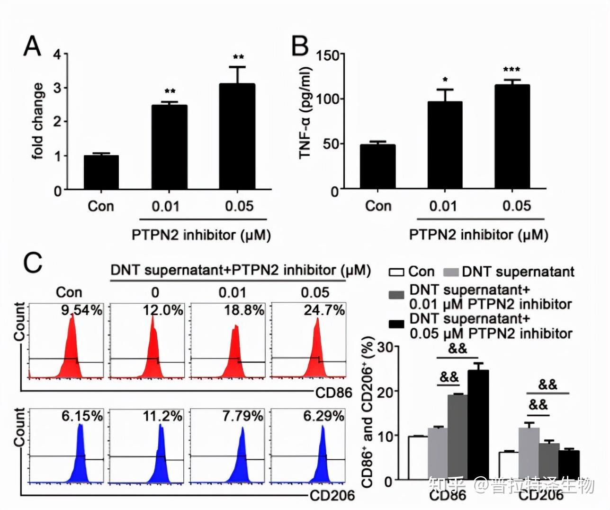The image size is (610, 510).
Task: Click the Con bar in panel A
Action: click(x=101, y=172)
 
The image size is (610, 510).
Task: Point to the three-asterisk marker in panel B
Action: click(x=511, y=70)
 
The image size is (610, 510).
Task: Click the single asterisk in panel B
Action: click(x=445, y=80)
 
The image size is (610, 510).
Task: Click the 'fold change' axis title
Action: click(x=38, y=121)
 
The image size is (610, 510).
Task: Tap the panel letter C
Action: click(x=33, y=262)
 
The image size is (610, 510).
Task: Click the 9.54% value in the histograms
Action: click(x=81, y=310)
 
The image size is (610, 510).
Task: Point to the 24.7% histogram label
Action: click(x=324, y=310)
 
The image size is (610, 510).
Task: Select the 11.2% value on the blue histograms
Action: click(x=162, y=416)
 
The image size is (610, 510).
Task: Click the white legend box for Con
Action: click(x=396, y=272)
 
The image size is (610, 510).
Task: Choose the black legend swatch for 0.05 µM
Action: click(x=396, y=324)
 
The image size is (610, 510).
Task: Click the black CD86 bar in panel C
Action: click(x=478, y=424)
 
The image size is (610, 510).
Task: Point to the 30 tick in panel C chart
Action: click(x=386, y=347)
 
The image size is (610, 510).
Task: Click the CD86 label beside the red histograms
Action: click(x=334, y=392)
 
